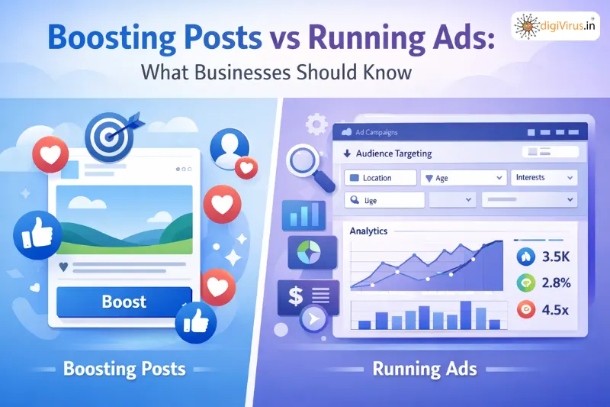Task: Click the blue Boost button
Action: (x=124, y=301)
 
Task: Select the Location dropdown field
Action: (x=380, y=178)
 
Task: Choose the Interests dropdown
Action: (x=543, y=177)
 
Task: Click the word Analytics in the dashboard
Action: (x=368, y=231)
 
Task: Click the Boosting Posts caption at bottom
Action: (x=124, y=370)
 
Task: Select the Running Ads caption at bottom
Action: (x=425, y=370)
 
